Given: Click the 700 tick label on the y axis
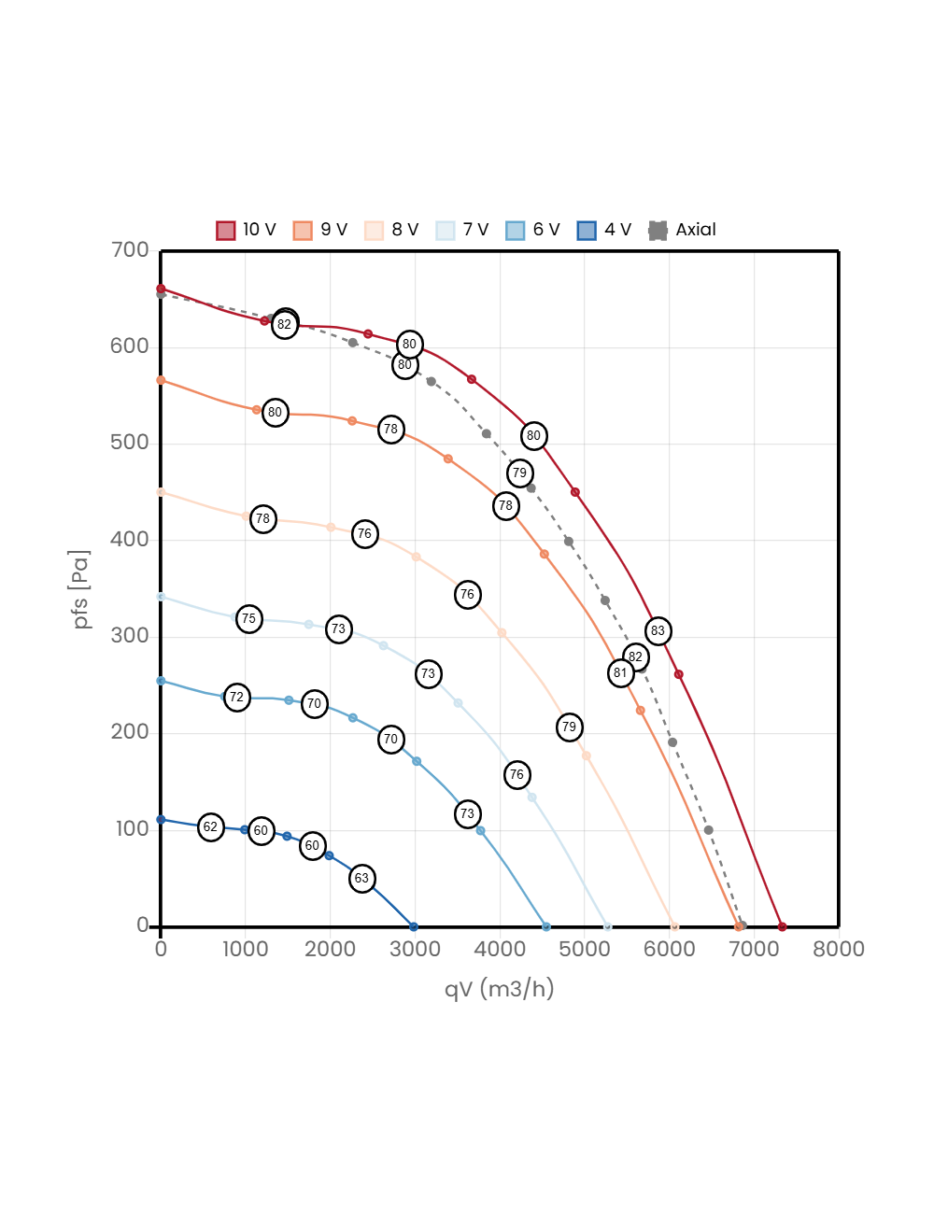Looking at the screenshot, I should click(x=130, y=249).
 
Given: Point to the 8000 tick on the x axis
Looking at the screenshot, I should click(x=838, y=949).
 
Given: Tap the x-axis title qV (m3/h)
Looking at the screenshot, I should click(x=499, y=989).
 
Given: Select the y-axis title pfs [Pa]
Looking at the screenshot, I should click(x=82, y=589).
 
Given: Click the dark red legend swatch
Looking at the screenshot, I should click(x=226, y=231).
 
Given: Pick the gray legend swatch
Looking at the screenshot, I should click(x=658, y=231).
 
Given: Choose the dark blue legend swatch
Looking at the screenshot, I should click(x=587, y=231).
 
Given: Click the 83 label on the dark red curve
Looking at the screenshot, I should click(x=658, y=631).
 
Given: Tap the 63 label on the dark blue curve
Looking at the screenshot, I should click(x=361, y=879).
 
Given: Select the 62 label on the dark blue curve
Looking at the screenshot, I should click(x=211, y=827).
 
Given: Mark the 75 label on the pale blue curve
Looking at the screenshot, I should click(x=248, y=618).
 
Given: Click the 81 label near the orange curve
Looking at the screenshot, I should click(x=620, y=673).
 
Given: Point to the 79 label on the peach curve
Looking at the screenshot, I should click(x=569, y=727).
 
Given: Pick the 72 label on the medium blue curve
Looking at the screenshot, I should click(x=237, y=698).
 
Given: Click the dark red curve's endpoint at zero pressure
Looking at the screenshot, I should click(x=782, y=926).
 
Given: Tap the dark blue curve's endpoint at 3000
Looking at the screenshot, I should click(x=414, y=926).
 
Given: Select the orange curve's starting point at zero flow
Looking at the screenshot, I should click(x=161, y=380).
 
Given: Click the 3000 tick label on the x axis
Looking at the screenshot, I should click(x=415, y=949).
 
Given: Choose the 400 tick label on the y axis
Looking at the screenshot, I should click(x=130, y=539).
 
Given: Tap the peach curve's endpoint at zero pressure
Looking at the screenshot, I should click(x=674, y=926).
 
